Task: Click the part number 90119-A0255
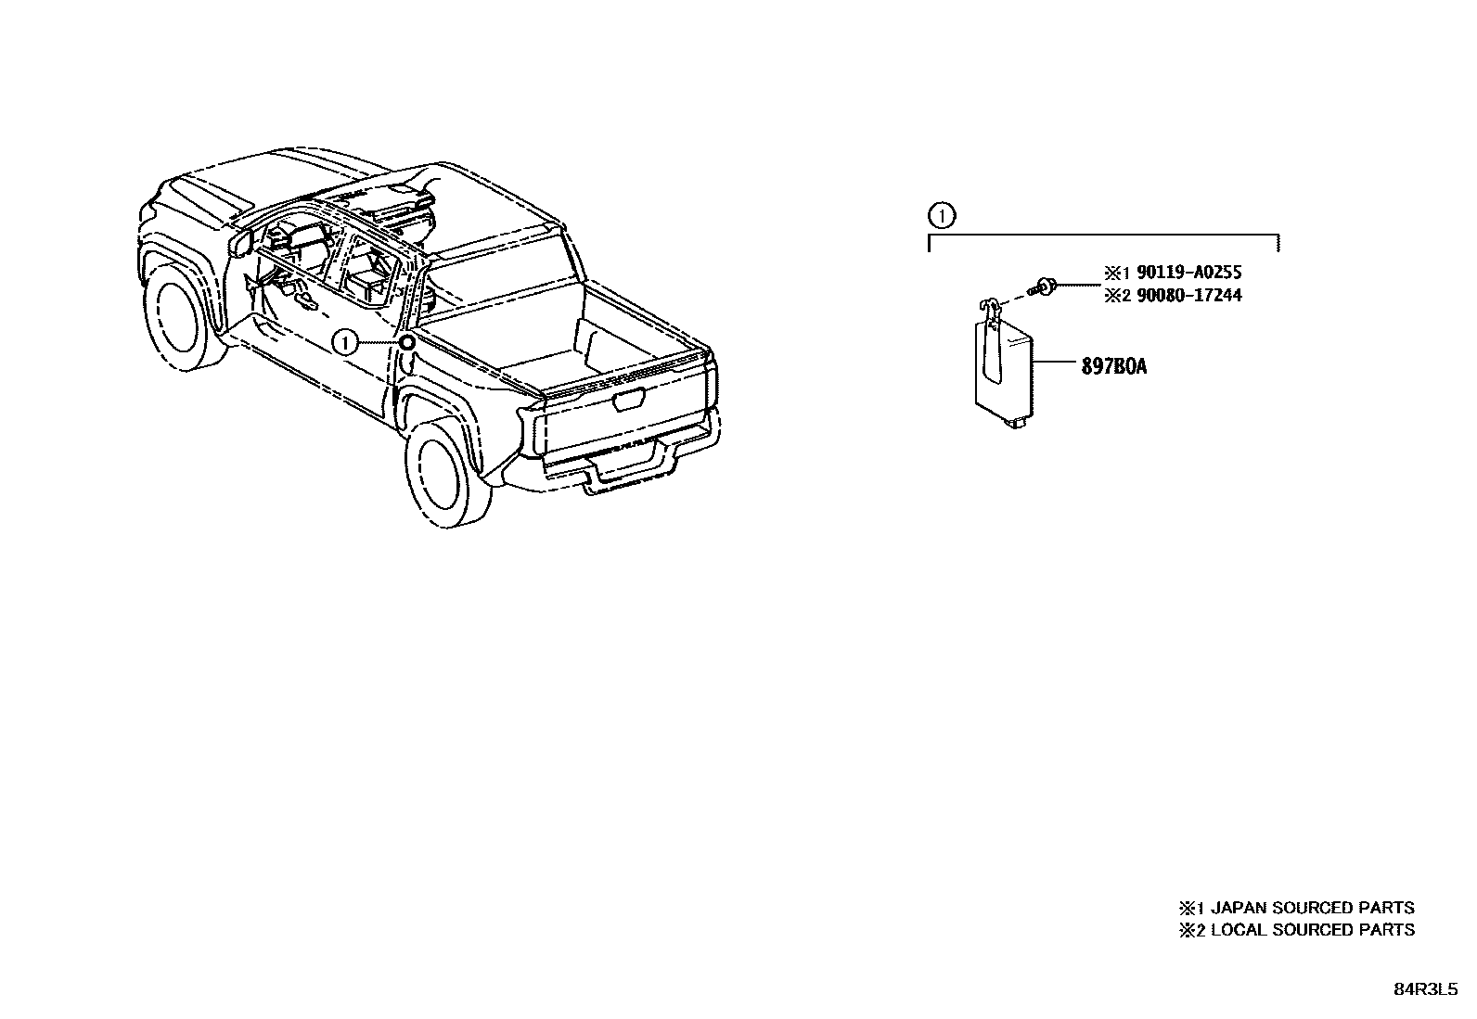point(1189,273)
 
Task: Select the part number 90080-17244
point(1189,296)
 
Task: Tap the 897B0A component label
point(1113,366)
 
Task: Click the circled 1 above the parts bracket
point(941,217)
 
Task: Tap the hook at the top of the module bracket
point(990,306)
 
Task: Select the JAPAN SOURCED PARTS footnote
point(1297,908)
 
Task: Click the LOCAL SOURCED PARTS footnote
point(1297,930)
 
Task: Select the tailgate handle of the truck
point(629,400)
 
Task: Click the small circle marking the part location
point(407,343)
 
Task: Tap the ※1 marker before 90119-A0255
point(1113,273)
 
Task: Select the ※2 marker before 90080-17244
point(1113,296)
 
